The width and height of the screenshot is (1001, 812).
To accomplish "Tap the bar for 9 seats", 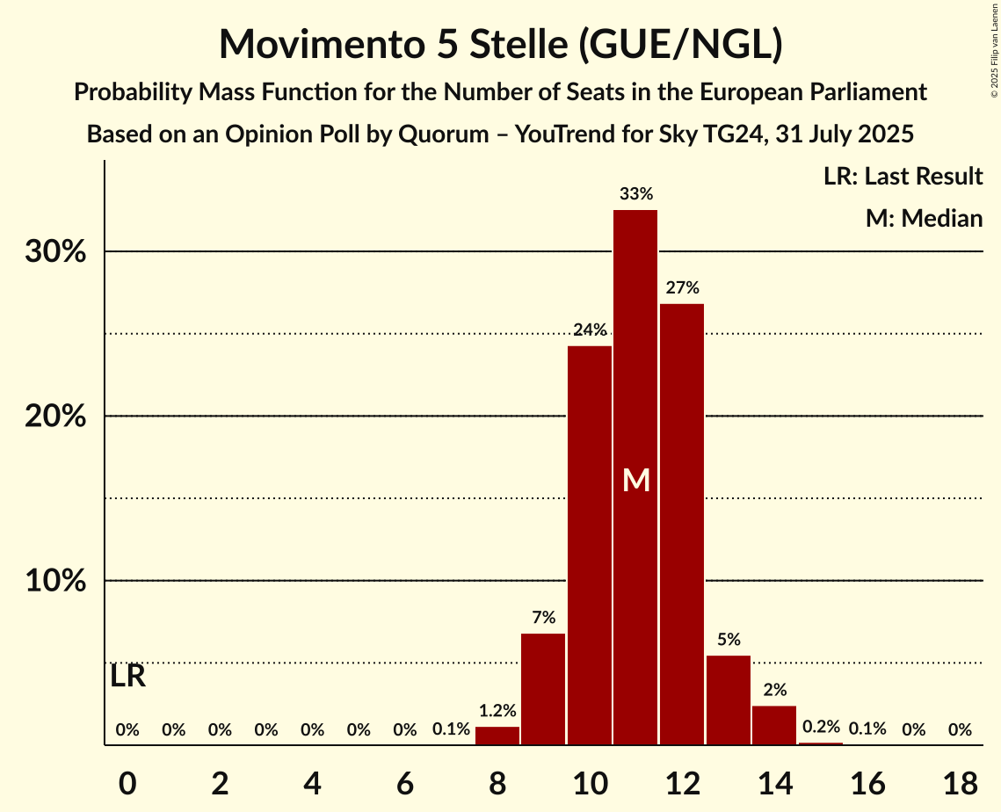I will [x=543, y=689].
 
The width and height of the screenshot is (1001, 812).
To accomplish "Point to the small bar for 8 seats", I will [x=497, y=736].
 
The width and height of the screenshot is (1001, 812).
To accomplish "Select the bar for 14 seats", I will [x=774, y=725].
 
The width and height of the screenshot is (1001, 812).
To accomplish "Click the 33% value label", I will [x=635, y=194].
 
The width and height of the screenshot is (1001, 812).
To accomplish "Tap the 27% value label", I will [x=682, y=287].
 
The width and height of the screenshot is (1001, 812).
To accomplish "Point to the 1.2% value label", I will [x=497, y=711].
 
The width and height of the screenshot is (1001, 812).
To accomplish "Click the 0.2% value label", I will [x=821, y=727].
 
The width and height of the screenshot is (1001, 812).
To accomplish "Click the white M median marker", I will [x=635, y=480].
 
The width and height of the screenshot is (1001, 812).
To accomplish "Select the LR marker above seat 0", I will [x=128, y=677].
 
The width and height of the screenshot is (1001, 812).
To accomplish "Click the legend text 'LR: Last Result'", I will [x=903, y=177].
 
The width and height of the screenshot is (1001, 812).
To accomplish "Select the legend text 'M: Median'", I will [x=924, y=218].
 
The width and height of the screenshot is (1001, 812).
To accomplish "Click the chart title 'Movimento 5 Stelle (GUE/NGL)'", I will [x=500, y=44].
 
